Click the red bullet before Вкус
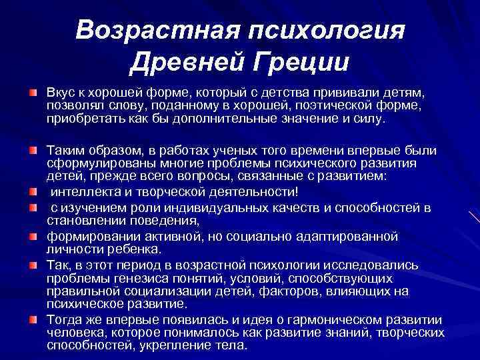(32, 90)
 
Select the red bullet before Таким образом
(32, 145)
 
